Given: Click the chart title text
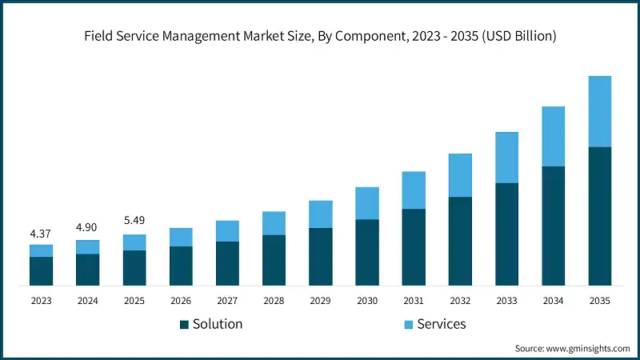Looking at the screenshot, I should (x=320, y=36).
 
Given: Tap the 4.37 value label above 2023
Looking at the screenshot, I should (x=41, y=234).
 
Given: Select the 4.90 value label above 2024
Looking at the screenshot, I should (x=87, y=228).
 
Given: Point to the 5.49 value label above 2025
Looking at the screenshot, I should (x=134, y=220).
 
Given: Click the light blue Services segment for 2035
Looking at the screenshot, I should (x=599, y=111).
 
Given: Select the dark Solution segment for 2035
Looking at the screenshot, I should (x=599, y=216).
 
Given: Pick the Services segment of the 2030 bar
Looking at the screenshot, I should (x=366, y=203).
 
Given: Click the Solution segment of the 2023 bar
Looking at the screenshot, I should (x=41, y=271).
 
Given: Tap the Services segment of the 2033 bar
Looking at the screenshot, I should (x=506, y=158).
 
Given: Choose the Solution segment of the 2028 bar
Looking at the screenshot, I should (x=274, y=260).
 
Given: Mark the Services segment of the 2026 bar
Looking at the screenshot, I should (x=181, y=237).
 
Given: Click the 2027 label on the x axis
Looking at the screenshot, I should (x=227, y=301).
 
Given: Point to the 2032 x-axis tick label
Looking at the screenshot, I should (x=460, y=301).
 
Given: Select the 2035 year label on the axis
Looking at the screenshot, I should (x=599, y=301).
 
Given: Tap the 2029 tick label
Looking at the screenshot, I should (x=320, y=301).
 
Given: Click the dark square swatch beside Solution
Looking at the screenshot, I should (x=184, y=324).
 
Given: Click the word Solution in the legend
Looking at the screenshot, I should (x=218, y=324).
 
